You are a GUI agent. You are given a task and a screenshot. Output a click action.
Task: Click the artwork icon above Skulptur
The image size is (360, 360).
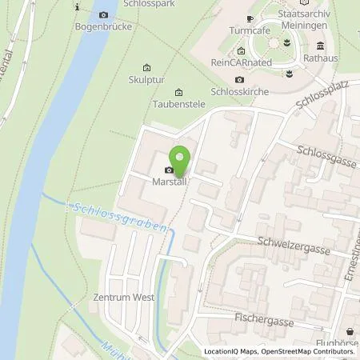145,68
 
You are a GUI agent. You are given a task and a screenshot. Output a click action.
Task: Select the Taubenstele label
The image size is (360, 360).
177,104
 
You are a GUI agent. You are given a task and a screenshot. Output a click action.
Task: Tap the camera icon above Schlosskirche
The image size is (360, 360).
240,79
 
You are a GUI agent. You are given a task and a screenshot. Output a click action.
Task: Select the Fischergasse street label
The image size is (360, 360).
270,318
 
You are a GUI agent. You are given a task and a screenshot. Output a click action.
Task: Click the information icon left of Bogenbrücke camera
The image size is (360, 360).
78,6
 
